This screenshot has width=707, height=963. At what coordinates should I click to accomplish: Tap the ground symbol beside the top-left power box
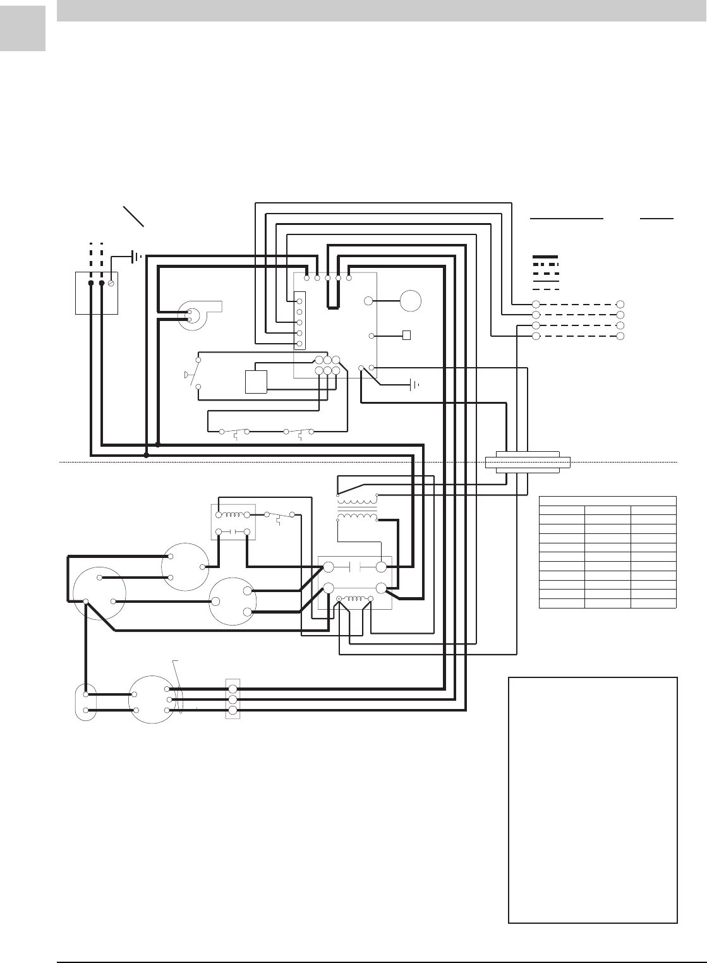point(135,257)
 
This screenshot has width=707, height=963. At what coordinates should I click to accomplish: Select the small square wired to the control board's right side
point(406,335)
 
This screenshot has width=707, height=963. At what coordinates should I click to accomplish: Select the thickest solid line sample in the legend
point(545,257)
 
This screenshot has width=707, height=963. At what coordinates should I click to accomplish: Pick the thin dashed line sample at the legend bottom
point(545,289)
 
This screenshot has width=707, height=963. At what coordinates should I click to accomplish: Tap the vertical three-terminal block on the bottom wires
point(233,700)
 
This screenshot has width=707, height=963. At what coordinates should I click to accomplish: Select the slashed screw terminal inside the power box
point(111,284)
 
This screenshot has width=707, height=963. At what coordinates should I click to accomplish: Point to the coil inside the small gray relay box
point(233,514)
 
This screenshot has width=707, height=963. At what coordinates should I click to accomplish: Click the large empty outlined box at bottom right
point(593,800)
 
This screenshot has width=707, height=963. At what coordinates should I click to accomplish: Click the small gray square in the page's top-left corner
point(23,28)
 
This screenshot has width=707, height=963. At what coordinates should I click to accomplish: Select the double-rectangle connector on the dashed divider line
point(528,461)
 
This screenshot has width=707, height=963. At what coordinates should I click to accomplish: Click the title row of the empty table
point(608,500)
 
